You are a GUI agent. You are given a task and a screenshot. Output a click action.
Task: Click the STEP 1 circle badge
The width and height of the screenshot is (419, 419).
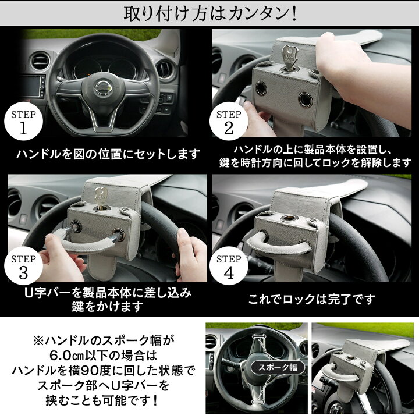(x=23, y=121)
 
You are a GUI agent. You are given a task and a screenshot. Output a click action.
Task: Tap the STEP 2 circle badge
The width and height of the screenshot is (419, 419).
(x=229, y=121)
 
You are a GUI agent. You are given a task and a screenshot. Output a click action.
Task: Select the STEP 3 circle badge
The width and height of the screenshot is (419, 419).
(x=23, y=266)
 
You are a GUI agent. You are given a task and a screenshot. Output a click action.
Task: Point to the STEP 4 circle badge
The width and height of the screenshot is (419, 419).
(x=229, y=266)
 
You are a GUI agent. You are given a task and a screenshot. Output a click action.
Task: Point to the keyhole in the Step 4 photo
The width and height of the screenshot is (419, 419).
(x=288, y=218)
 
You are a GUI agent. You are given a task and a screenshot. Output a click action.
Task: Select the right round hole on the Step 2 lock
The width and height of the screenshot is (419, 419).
(x=305, y=100)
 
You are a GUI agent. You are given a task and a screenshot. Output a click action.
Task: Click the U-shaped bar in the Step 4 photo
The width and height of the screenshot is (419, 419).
(x=279, y=242)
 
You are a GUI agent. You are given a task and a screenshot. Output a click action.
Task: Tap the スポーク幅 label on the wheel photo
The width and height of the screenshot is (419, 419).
(x=278, y=367)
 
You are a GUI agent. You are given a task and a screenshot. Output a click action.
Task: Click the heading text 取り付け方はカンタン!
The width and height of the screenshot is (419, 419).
(x=210, y=13)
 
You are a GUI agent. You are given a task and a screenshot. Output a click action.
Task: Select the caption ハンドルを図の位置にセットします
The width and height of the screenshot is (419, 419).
(x=108, y=154)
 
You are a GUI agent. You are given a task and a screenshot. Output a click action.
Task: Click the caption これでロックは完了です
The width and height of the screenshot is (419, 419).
(x=311, y=299)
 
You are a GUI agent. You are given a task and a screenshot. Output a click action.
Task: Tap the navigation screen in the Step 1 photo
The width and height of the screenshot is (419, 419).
(x=30, y=86)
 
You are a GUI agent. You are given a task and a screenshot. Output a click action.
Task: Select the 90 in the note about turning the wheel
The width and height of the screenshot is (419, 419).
(x=90, y=371)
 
